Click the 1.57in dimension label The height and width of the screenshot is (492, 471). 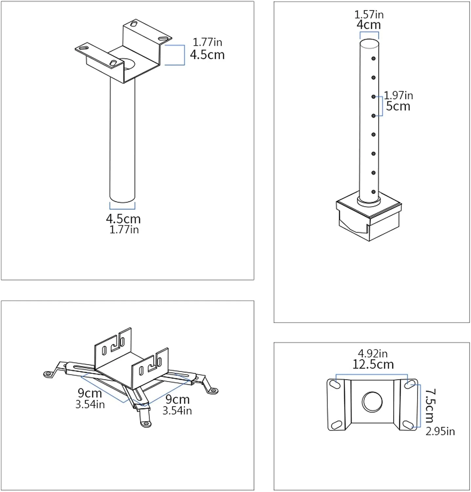pyautogui.click(x=369, y=14)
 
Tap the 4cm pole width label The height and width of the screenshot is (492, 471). pyautogui.click(x=369, y=25)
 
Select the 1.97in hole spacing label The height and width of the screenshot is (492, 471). pyautogui.click(x=399, y=95)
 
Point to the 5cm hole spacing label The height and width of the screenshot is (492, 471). pyautogui.click(x=398, y=106)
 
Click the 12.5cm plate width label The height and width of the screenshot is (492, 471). pyautogui.click(x=373, y=364)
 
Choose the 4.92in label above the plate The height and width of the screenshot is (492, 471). pyautogui.click(x=373, y=354)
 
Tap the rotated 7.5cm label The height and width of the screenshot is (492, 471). pyautogui.click(x=430, y=406)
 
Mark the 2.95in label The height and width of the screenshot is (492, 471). pyautogui.click(x=440, y=431)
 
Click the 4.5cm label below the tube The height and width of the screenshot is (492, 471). pyautogui.click(x=123, y=219)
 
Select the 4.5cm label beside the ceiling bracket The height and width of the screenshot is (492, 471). pyautogui.click(x=207, y=55)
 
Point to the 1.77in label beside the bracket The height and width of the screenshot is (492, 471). pyautogui.click(x=207, y=42)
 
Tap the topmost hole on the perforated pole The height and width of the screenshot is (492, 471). pyautogui.click(x=373, y=59)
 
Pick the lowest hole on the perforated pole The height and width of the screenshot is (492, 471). pyautogui.click(x=373, y=192)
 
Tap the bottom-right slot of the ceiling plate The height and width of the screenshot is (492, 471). pyautogui.click(x=408, y=425)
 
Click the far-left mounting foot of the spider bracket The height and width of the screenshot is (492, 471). pyautogui.click(x=49, y=373)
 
